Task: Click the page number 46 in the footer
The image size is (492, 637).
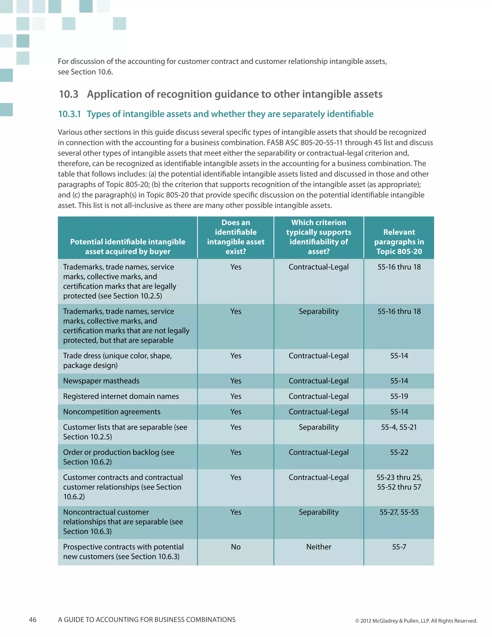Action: [x=33, y=619]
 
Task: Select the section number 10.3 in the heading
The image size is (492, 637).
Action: [x=69, y=94]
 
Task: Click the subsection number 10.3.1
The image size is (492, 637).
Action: [x=69, y=114]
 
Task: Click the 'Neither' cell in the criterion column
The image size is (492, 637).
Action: [x=319, y=547]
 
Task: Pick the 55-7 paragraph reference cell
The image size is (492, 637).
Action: [x=399, y=547]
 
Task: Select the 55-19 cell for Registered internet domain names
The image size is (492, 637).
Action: [x=399, y=396]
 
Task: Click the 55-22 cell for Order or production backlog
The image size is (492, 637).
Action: [x=399, y=452]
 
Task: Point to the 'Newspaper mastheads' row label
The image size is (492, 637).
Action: [x=101, y=381]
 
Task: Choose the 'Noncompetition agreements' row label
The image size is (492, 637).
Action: [x=112, y=412]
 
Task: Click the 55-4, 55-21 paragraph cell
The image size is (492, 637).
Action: [x=399, y=427]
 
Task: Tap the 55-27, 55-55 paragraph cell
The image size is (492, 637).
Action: [x=399, y=512]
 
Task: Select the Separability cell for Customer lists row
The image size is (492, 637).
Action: [x=319, y=427]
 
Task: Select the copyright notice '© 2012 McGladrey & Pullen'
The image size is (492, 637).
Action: [x=416, y=621]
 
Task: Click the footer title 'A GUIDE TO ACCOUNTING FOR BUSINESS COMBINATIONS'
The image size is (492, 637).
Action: [x=147, y=620]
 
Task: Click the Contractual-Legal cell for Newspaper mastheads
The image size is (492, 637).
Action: [x=319, y=381]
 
